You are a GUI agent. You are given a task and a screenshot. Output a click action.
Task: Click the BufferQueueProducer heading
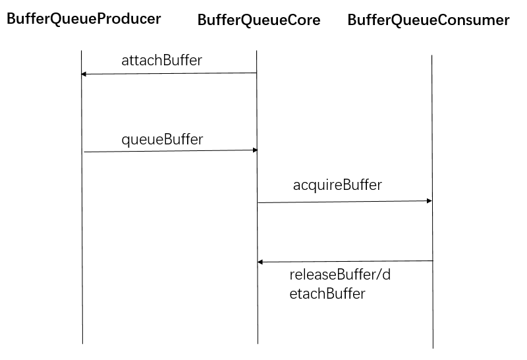pyautogui.click(x=84, y=19)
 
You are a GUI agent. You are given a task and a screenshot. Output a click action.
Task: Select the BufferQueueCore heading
pyautogui.click(x=259, y=20)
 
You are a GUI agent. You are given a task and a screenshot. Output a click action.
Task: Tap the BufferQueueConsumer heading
pyautogui.click(x=428, y=20)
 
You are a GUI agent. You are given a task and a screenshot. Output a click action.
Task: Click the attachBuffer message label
pyautogui.click(x=161, y=61)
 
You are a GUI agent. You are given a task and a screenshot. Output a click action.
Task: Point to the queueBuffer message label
pyautogui.click(x=162, y=139)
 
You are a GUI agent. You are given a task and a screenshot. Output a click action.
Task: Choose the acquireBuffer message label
pyautogui.click(x=337, y=185)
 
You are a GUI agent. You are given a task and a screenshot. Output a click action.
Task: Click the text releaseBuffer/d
pyautogui.click(x=340, y=275)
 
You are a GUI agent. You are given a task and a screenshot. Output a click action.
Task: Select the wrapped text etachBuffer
pyautogui.click(x=327, y=294)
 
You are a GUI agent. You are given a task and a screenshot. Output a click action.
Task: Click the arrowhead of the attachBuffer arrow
pyautogui.click(x=83, y=74)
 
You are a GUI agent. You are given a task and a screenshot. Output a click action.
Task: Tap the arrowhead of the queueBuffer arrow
pyautogui.click(x=255, y=150)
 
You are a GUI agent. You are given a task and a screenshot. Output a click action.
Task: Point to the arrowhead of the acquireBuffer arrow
pyautogui.click(x=430, y=200)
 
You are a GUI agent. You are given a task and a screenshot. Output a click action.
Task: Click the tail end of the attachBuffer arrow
pyautogui.click(x=256, y=73)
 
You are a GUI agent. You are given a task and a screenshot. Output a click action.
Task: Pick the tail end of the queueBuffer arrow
pyautogui.click(x=84, y=152)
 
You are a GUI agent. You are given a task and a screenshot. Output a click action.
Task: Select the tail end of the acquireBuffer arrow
pyautogui.click(x=258, y=202)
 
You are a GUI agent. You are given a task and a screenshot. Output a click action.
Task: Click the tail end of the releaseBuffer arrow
pyautogui.click(x=432, y=261)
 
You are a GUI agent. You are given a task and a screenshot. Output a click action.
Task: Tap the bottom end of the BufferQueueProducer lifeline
pyautogui.click(x=82, y=343)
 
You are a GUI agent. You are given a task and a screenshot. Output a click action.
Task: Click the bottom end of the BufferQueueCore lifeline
pyautogui.click(x=258, y=344)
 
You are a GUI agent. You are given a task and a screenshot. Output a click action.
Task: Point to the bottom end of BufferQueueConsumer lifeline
pyautogui.click(x=433, y=347)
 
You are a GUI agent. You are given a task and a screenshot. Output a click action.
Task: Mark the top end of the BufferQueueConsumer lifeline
pyautogui.click(x=431, y=55)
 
